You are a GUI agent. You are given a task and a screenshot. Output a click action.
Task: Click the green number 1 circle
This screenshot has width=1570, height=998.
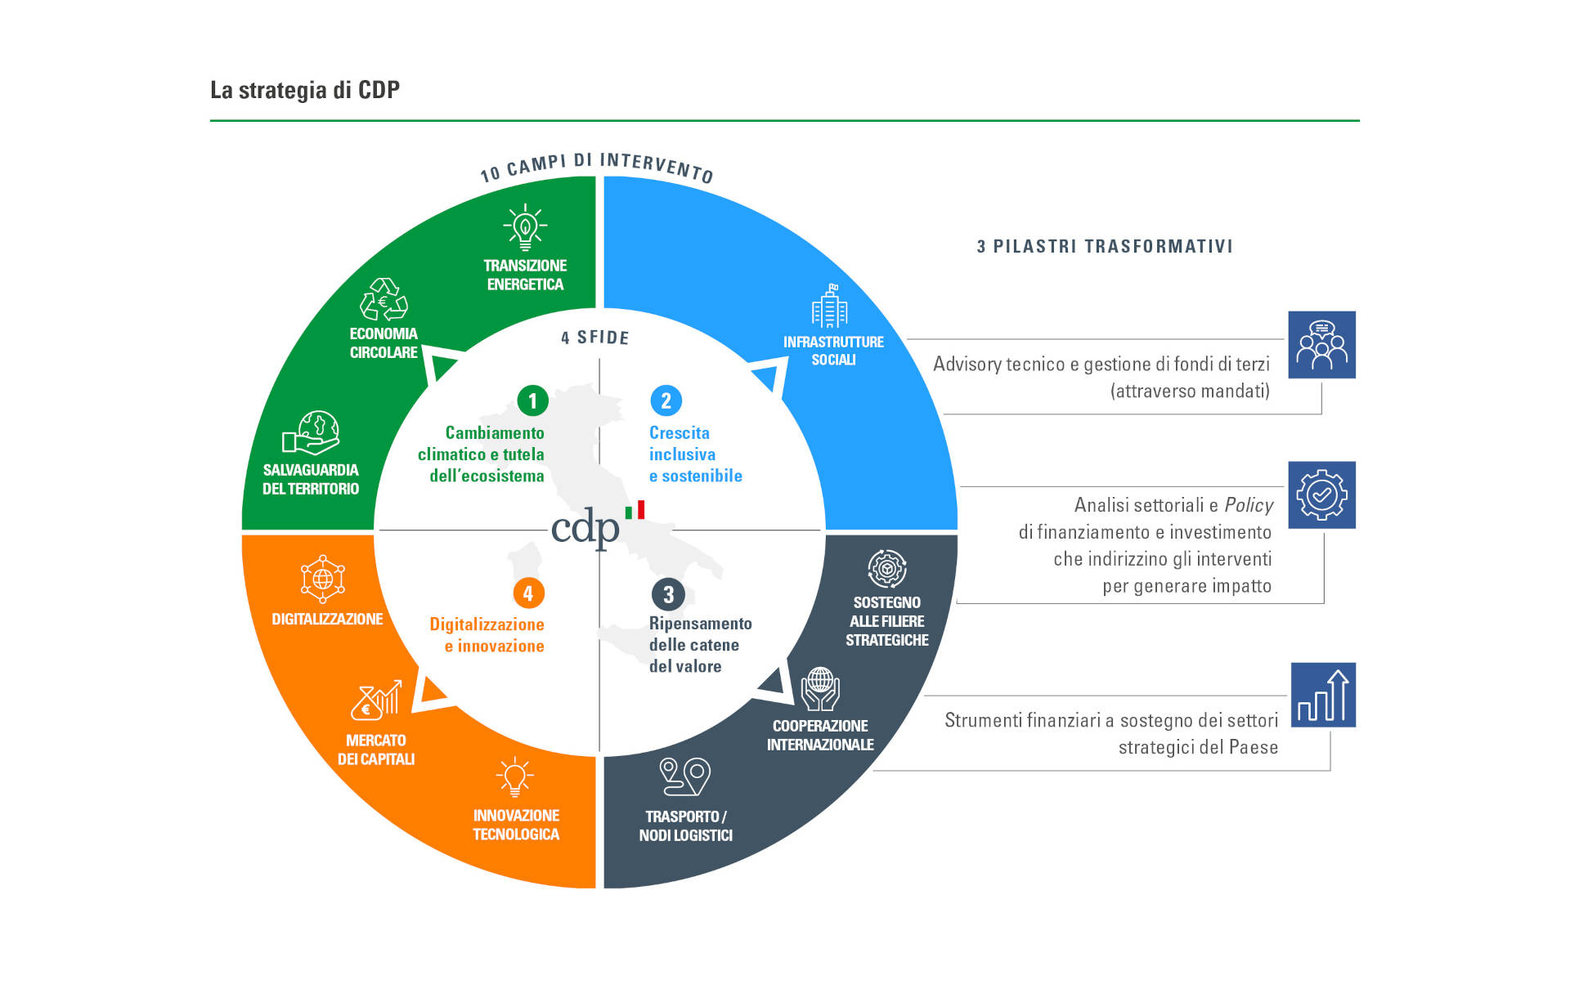click(532, 401)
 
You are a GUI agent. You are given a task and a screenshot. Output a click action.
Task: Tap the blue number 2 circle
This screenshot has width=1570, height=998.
click(666, 401)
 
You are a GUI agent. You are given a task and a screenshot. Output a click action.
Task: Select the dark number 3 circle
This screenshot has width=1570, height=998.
click(668, 594)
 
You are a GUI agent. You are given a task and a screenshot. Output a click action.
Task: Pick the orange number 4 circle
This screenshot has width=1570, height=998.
click(528, 593)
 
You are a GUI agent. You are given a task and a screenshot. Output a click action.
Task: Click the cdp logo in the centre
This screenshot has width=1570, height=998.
click(597, 526)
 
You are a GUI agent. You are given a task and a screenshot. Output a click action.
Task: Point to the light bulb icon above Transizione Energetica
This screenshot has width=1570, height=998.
click(525, 227)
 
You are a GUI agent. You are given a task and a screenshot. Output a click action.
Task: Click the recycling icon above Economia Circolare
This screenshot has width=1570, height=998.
click(384, 299)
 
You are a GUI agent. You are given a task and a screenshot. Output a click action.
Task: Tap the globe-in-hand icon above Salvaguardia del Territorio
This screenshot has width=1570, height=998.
click(311, 433)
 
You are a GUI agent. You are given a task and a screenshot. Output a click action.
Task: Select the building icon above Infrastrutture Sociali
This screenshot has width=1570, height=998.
click(830, 307)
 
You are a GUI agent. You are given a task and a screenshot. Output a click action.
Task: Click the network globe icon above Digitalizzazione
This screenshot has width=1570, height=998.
click(323, 579)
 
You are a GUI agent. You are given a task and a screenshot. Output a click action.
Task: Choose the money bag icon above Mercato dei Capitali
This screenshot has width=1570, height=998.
click(376, 700)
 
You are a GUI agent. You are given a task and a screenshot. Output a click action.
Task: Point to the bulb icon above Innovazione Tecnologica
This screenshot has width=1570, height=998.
click(514, 776)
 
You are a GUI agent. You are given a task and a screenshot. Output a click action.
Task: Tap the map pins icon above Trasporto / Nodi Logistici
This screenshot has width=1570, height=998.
click(685, 776)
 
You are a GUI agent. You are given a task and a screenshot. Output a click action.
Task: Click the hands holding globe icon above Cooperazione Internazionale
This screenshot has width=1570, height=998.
click(820, 689)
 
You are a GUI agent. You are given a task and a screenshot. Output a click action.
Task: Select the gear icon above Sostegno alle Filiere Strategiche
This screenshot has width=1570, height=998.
click(887, 569)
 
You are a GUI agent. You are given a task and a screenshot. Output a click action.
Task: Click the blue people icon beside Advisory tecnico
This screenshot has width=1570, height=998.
click(1321, 345)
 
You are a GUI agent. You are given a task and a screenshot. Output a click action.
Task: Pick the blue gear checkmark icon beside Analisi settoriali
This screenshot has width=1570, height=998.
click(1321, 495)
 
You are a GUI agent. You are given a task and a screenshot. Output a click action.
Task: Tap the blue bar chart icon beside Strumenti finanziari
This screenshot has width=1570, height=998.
click(1323, 695)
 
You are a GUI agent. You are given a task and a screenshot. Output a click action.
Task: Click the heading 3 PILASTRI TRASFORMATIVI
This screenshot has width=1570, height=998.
click(1105, 247)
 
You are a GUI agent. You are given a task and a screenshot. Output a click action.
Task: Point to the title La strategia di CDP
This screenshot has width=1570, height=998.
click(305, 90)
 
